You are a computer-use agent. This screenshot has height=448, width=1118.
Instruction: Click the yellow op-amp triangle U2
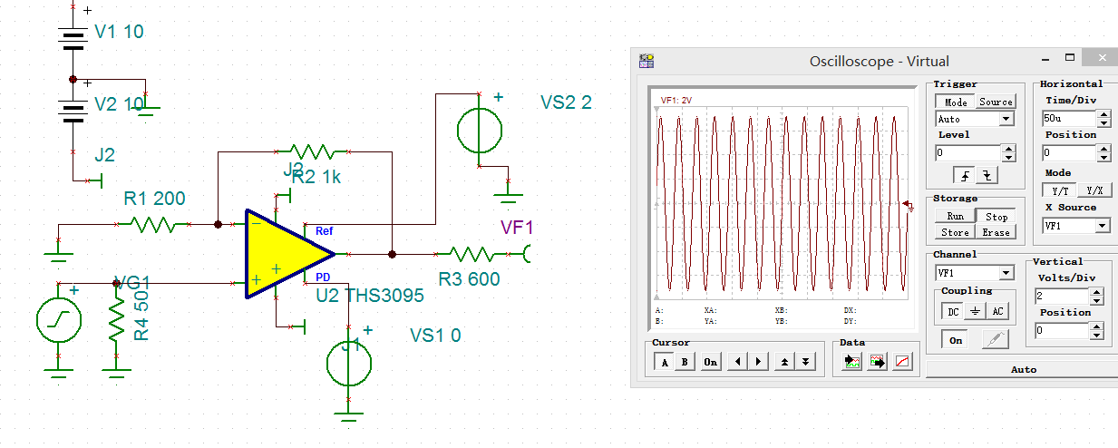(x=281, y=254)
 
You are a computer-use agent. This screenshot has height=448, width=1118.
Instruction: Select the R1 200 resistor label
(x=153, y=199)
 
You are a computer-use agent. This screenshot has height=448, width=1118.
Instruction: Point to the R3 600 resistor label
(x=469, y=279)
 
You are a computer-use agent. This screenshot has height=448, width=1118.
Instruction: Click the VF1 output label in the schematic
(x=518, y=228)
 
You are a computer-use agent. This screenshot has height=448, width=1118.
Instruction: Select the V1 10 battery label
(x=119, y=33)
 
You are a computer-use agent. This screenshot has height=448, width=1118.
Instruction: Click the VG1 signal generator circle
(x=59, y=320)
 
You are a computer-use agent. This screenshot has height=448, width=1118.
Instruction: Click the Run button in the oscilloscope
(x=955, y=216)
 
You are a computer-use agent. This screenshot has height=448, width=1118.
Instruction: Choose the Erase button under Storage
(x=996, y=232)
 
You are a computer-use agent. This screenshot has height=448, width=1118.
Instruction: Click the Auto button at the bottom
(x=1023, y=370)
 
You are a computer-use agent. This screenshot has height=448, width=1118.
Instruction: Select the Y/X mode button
(x=1094, y=190)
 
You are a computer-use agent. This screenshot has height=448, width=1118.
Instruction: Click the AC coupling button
(x=997, y=311)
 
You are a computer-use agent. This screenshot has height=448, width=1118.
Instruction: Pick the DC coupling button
(x=953, y=311)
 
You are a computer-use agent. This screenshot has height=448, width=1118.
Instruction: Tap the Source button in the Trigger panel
(x=996, y=102)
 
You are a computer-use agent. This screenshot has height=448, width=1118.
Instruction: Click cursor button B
(x=685, y=362)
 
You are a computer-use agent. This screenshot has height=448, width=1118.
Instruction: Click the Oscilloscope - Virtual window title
(x=879, y=62)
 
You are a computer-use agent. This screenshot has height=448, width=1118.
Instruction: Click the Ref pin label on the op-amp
(x=324, y=231)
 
